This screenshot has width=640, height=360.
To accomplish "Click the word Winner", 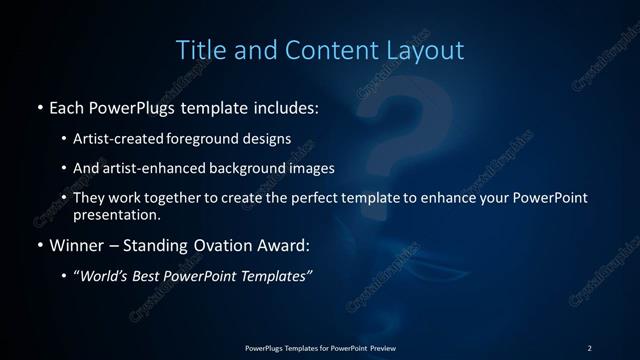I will click(x=76, y=245).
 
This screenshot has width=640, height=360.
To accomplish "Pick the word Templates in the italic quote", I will click(x=276, y=277).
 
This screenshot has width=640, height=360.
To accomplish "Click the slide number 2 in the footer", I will click(x=589, y=347).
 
